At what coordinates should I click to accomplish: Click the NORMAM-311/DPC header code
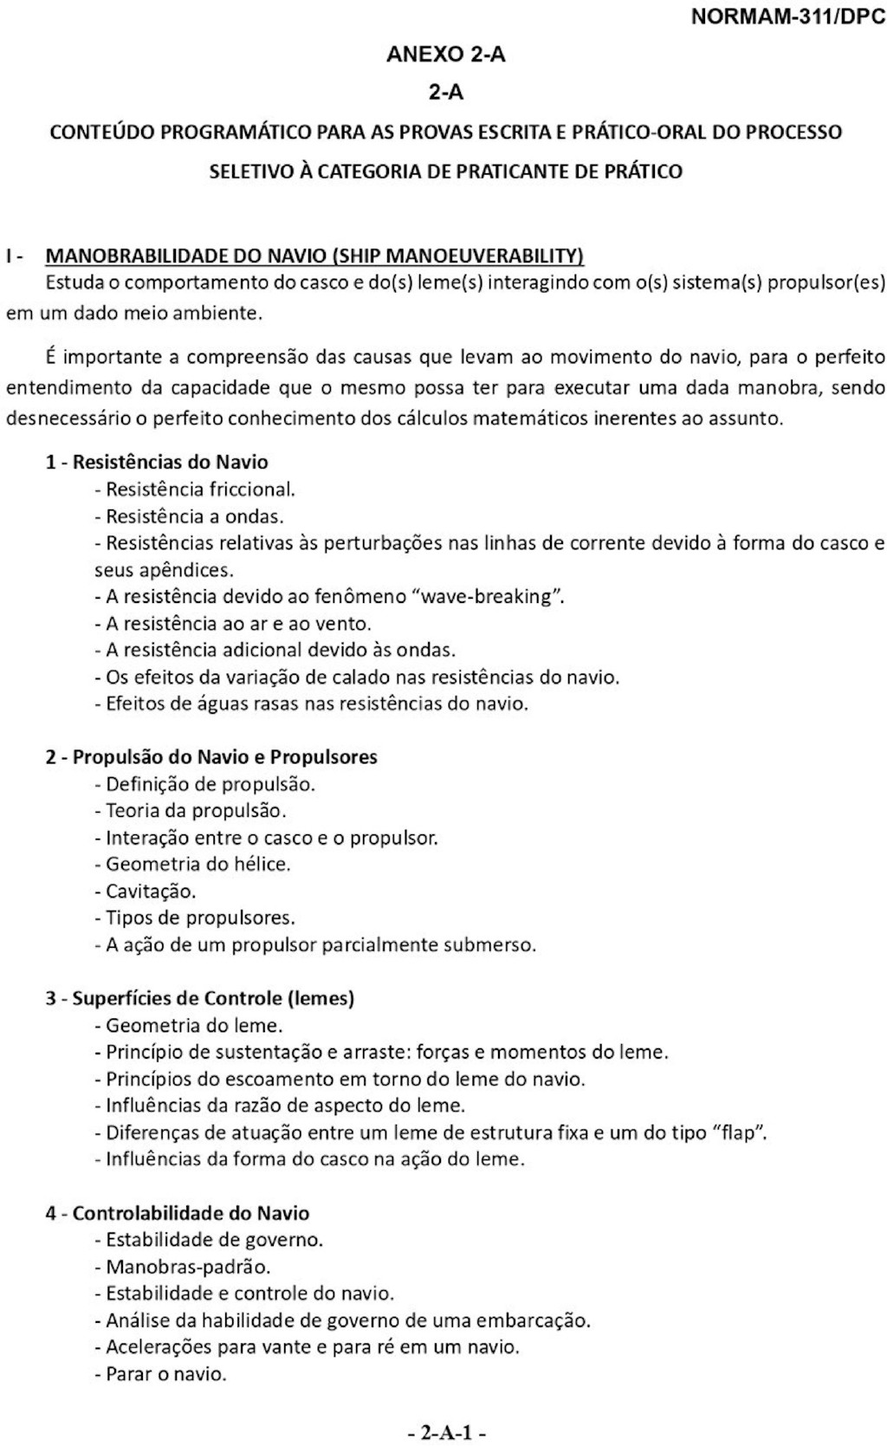point(788,17)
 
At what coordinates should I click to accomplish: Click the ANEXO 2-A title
point(445,55)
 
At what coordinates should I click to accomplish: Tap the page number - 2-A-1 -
point(446,1432)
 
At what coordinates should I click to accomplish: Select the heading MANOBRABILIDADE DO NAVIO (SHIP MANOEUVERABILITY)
point(314,256)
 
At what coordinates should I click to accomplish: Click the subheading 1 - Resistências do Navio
point(157,462)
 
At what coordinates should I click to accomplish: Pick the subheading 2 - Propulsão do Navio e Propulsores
point(211,756)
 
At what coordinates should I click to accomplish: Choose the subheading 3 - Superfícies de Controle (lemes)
point(200,998)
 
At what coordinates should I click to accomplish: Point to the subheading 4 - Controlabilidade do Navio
point(178,1213)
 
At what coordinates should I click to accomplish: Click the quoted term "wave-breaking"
point(489,596)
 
